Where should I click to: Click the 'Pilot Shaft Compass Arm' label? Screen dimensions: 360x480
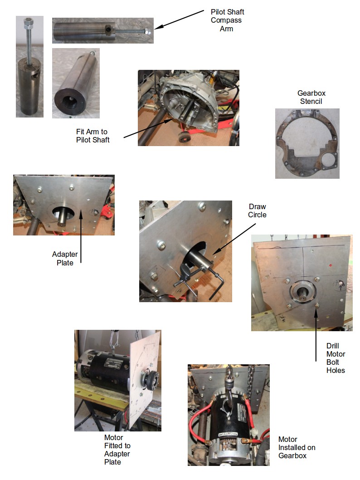click(x=227, y=20)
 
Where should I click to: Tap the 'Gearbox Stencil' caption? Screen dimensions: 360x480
click(x=311, y=97)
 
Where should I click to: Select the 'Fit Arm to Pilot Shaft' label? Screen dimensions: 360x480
click(x=92, y=136)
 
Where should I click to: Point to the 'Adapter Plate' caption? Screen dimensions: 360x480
click(x=65, y=258)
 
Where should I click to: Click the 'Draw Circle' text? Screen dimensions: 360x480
click(x=257, y=211)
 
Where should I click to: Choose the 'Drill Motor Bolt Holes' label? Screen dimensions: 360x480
click(x=336, y=358)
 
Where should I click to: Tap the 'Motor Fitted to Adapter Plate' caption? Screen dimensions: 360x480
click(x=117, y=450)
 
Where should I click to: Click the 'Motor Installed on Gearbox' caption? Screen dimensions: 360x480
click(x=297, y=447)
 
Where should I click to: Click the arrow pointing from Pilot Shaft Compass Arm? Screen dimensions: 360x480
click(x=179, y=20)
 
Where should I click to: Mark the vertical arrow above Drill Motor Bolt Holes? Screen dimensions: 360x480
click(x=316, y=335)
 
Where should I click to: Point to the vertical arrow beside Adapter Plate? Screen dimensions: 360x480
click(x=81, y=236)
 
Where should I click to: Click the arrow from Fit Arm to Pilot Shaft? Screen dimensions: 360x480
click(x=148, y=128)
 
